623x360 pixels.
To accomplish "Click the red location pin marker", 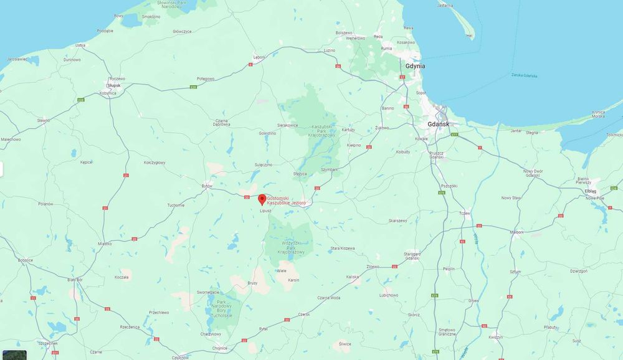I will coord(262,199).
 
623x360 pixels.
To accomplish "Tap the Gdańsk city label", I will coord(439,125).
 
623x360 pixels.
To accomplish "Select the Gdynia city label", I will coord(414,65).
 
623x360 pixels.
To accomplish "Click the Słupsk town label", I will coord(114,85).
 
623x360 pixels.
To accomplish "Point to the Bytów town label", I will coord(207,186).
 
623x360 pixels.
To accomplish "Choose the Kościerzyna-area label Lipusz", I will coord(265,211).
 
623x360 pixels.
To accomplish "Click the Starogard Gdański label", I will coord(413,255).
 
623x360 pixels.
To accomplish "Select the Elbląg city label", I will coord(591,191).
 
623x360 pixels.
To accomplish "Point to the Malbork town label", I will coord(516,232).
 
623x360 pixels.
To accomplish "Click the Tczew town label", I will coord(464,213).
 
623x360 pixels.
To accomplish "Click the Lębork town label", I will coord(259,57).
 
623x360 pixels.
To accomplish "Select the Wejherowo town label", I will coord(347,38).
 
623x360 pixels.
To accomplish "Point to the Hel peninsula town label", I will coord(470,36).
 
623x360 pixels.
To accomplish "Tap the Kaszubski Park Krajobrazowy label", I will coord(322,131).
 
